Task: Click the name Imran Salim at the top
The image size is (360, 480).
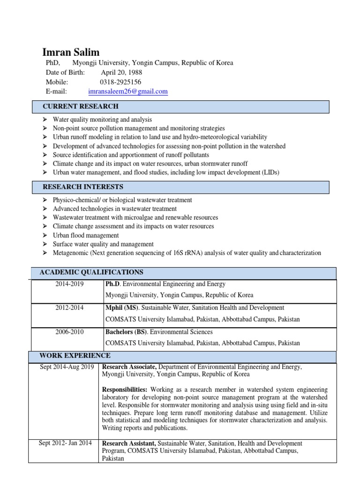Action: [x=71, y=52]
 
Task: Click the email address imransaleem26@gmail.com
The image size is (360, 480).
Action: [x=127, y=91]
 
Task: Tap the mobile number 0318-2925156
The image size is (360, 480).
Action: [x=121, y=82]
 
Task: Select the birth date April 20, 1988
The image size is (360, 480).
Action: [x=121, y=73]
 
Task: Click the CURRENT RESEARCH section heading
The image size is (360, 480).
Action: [x=81, y=106]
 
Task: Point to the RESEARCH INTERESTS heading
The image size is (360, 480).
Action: [x=83, y=187]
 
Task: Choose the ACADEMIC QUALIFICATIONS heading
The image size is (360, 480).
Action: [x=91, y=272]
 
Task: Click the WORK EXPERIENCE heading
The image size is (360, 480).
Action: [x=75, y=355]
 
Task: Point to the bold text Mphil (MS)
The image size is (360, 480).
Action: [x=121, y=307]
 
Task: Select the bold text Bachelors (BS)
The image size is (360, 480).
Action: [x=124, y=331]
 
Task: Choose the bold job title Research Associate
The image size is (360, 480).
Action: [x=129, y=367]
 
